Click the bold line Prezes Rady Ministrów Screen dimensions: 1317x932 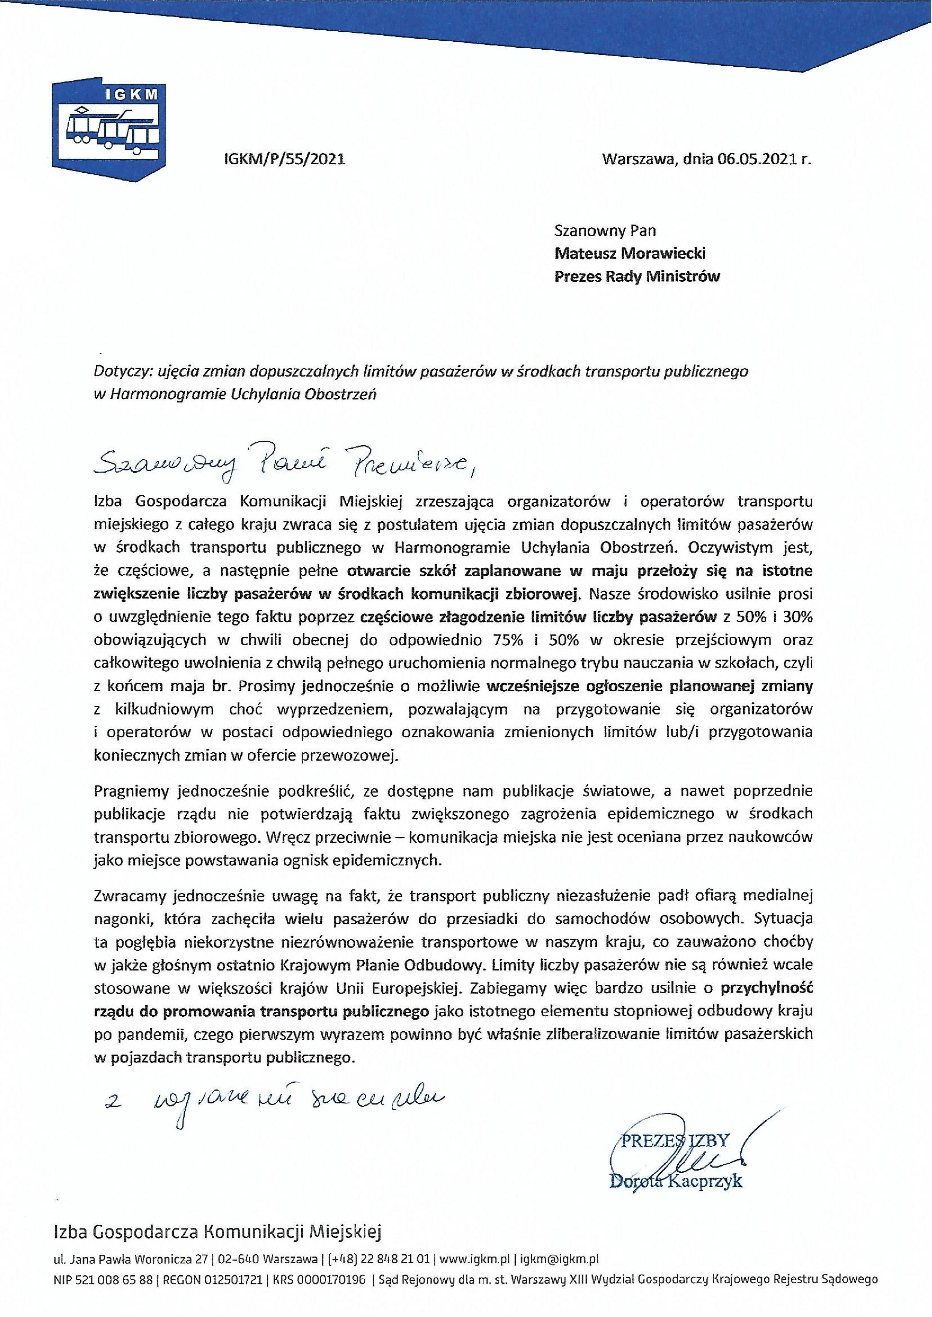(637, 277)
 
